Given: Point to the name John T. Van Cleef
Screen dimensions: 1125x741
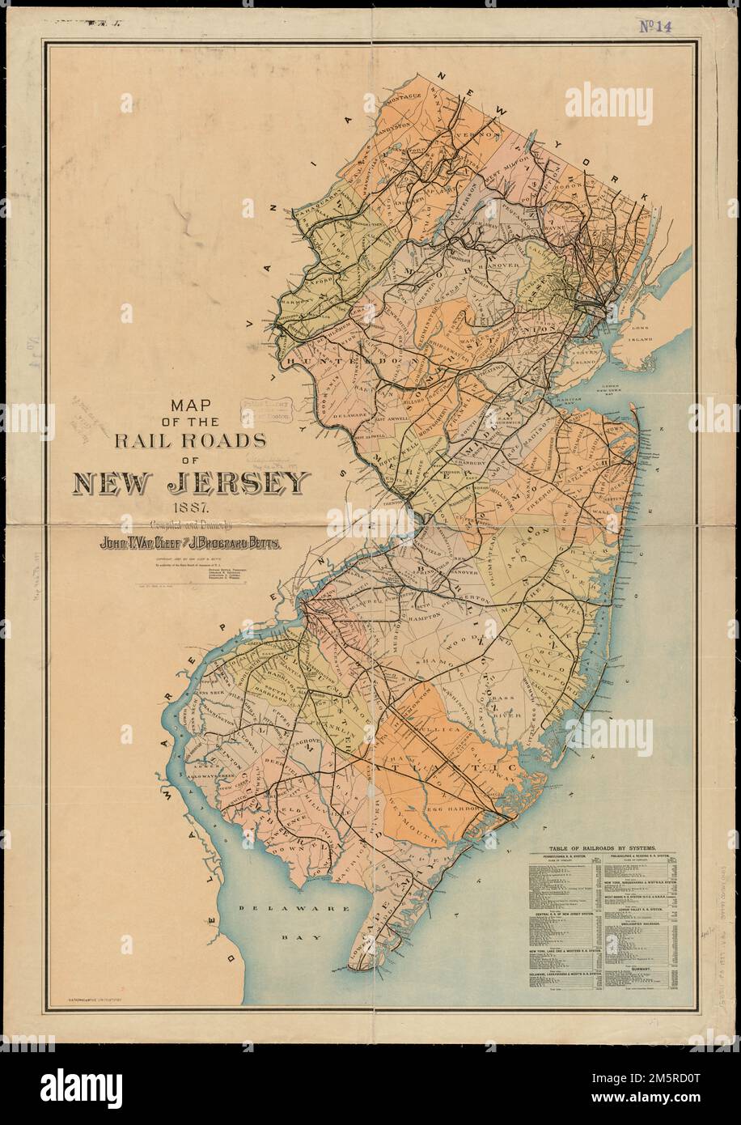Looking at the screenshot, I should pos(145,543).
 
